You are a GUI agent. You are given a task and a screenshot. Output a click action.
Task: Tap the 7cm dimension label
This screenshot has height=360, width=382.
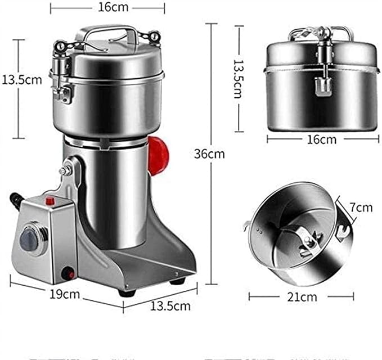point(360,208)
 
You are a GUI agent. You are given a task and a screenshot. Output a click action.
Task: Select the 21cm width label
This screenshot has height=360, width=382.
point(302,296)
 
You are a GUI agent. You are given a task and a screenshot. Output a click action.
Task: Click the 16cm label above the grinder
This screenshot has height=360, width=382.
point(107,8)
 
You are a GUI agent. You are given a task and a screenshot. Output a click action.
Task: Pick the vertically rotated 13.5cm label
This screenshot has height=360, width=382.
point(237,79)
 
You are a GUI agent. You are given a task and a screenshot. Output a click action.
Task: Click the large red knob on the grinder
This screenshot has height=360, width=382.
point(159,150)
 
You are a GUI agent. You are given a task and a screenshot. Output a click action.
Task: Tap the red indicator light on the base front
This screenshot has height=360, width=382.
point(69,274)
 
